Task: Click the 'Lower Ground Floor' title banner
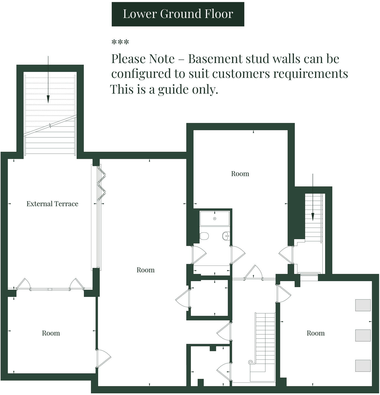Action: tap(178, 14)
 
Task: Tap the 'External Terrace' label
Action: tap(52, 204)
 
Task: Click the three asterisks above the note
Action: tap(120, 43)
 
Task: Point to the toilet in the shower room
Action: tap(204, 236)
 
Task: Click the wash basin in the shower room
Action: tap(225, 236)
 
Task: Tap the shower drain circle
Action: tap(215, 219)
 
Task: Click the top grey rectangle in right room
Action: tap(363, 305)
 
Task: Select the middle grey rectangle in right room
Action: tap(363, 335)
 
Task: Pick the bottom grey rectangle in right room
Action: tap(363, 365)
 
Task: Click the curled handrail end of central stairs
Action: tap(251, 362)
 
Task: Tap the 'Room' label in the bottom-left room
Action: tap(51, 333)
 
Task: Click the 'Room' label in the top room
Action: tap(240, 174)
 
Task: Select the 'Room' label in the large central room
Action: tap(146, 270)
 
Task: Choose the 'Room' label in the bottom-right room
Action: tap(315, 333)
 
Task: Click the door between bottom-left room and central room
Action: tap(103, 358)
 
